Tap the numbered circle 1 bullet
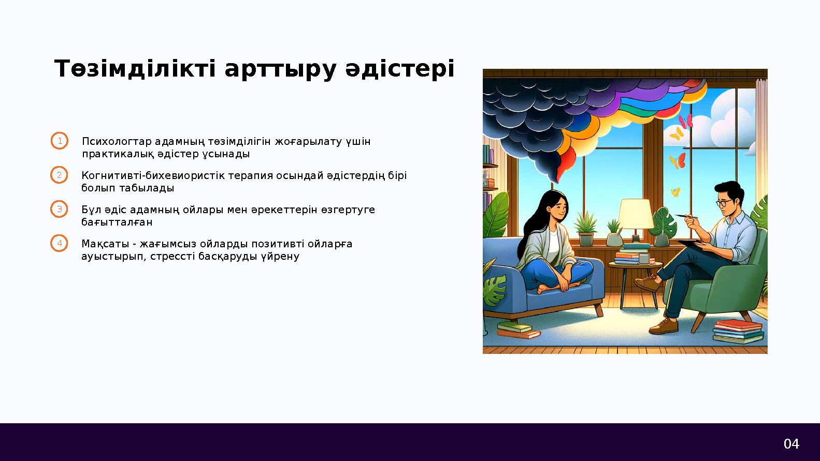[60, 141]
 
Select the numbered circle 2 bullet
[60, 175]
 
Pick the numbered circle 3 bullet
[60, 210]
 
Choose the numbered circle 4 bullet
[60, 243]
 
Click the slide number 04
[791, 444]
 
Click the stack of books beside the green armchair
[738, 331]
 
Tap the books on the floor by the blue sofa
[517, 330]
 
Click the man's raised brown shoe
[648, 282]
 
